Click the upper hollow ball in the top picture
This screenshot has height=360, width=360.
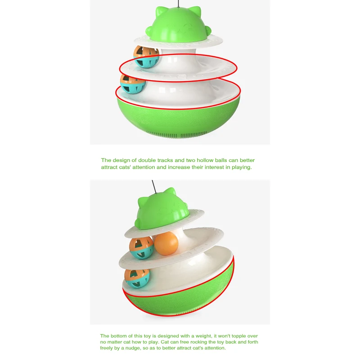(146, 57)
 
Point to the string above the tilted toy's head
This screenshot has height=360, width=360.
(155, 184)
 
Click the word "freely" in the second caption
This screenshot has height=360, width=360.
(107, 348)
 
